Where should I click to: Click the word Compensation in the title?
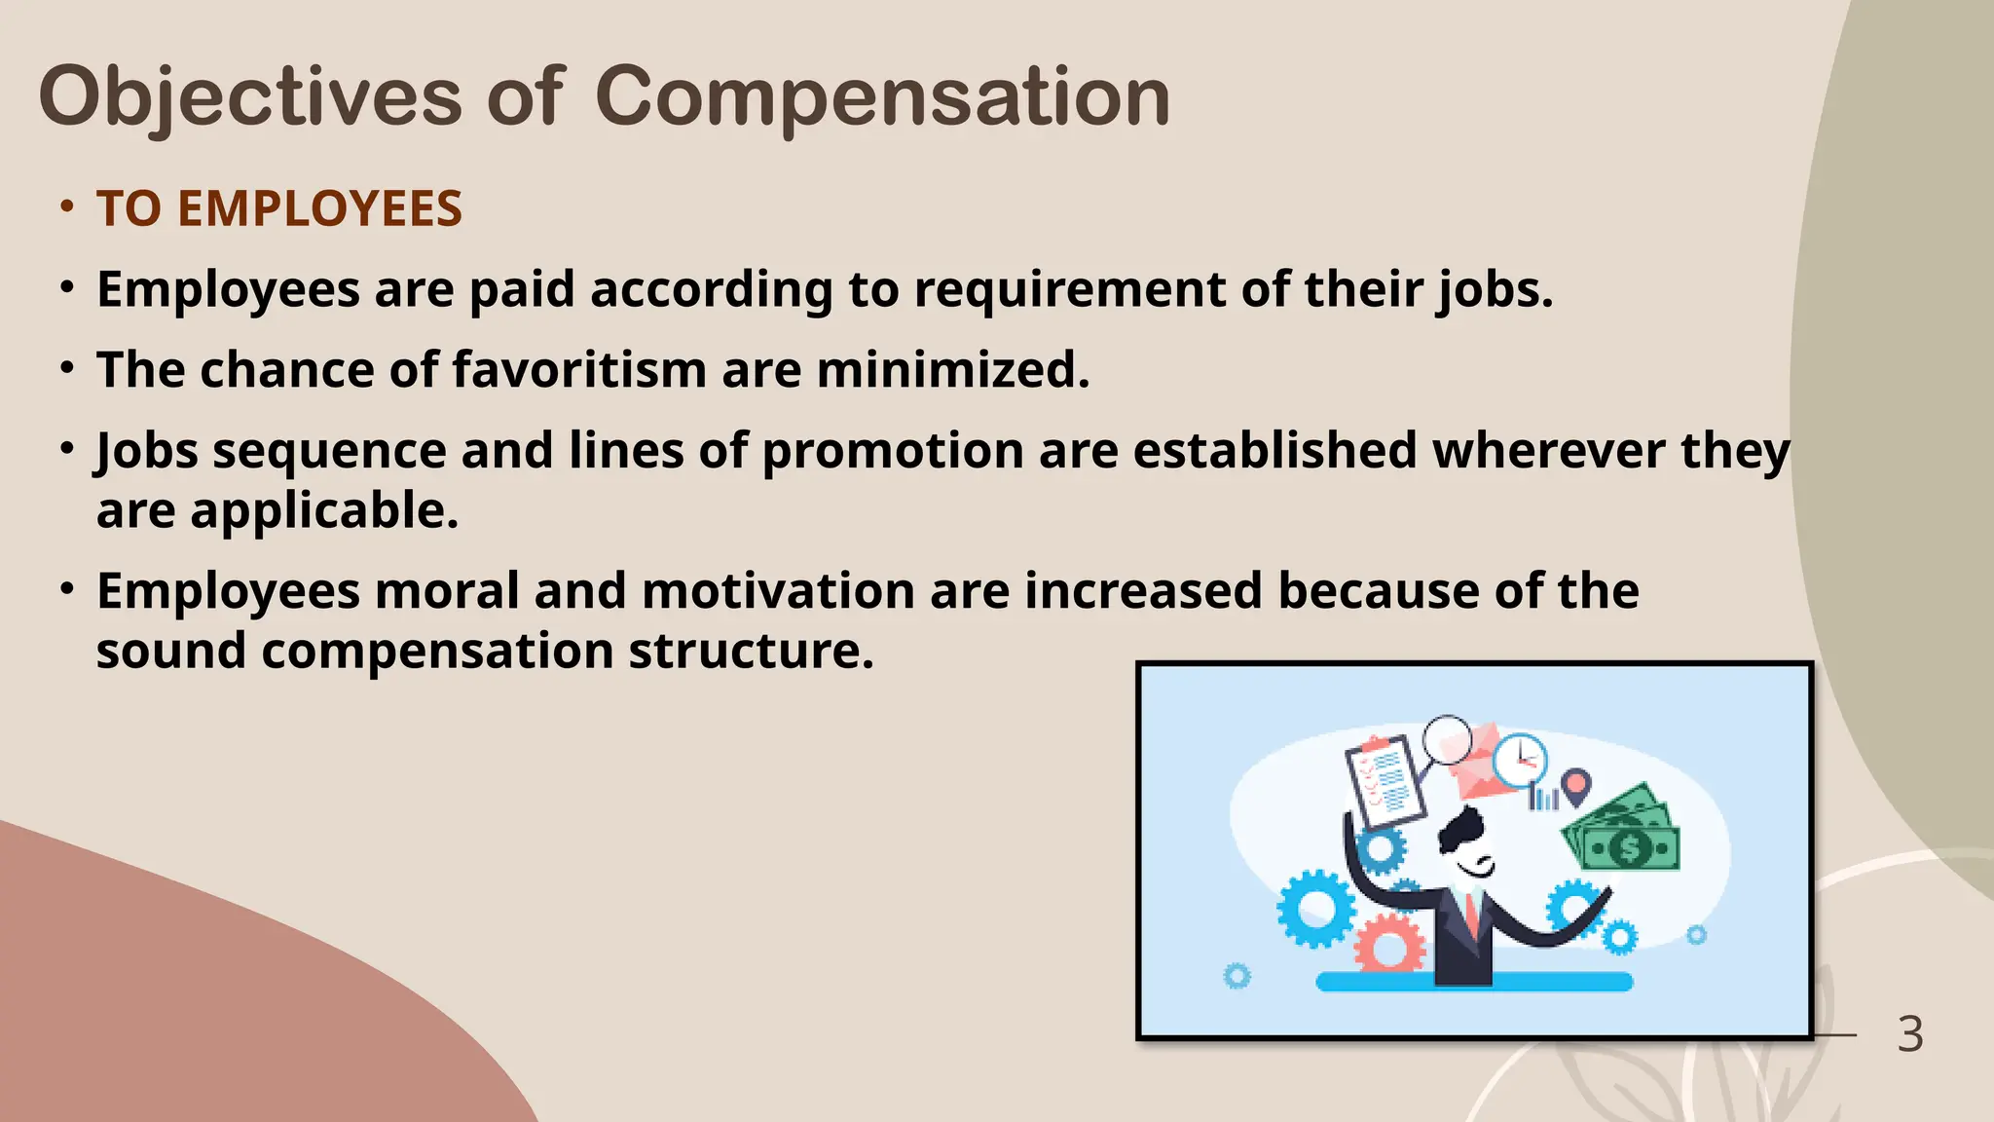[882, 97]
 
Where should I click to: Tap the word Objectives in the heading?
[250, 97]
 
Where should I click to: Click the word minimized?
[952, 370]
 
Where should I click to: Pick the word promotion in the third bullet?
[892, 451]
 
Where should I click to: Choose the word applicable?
[323, 510]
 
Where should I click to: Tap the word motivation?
[778, 591]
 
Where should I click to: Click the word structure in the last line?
[751, 651]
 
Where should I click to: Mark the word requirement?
[1068, 289]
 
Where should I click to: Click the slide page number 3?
[1910, 1034]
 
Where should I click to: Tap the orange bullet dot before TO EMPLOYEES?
[66, 207]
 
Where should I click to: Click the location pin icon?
[1576, 785]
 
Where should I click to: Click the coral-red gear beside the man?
[1390, 943]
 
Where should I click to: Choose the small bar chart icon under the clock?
[1543, 799]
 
